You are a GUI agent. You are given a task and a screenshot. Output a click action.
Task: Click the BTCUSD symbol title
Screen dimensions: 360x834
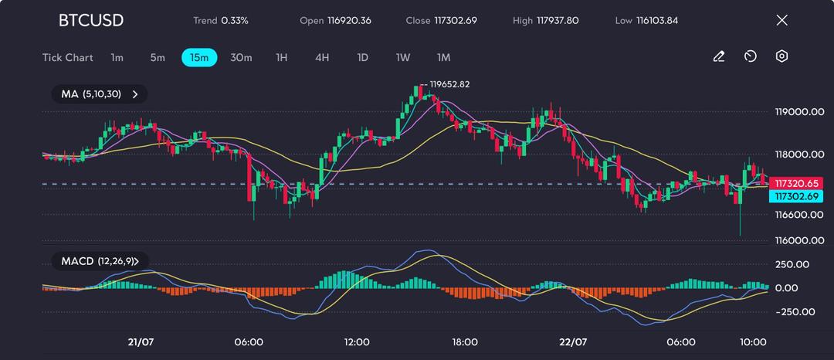90,20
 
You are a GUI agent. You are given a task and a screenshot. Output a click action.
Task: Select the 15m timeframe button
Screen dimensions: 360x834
199,57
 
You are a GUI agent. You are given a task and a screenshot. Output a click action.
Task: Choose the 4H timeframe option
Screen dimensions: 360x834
322,57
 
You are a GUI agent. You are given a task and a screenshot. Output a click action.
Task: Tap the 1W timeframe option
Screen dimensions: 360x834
402,57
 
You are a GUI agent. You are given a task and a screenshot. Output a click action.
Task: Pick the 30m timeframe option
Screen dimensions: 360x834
241,57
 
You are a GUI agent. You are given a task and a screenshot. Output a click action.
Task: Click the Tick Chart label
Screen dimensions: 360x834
68,57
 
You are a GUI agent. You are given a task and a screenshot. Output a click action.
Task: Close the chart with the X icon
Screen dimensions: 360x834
781,20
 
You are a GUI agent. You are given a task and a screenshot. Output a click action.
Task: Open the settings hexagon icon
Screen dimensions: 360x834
781,56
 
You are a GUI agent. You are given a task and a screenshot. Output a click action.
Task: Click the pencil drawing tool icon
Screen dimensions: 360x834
718,56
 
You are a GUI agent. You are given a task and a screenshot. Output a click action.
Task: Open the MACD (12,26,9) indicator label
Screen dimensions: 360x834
100,261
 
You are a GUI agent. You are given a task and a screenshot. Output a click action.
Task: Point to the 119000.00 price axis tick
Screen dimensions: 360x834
799,112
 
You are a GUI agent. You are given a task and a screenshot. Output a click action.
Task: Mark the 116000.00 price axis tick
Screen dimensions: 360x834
799,240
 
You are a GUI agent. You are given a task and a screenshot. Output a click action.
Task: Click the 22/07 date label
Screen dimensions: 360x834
573,342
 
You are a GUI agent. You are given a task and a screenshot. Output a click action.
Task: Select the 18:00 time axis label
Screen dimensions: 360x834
465,342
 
